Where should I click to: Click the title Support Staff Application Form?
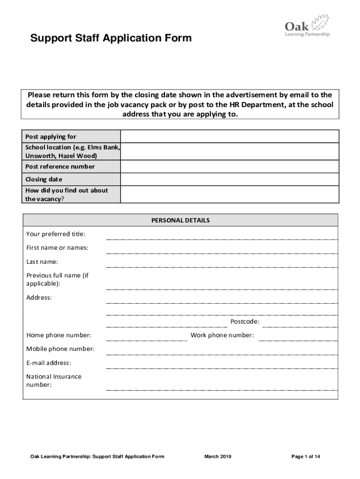111,38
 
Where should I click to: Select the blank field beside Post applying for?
230,137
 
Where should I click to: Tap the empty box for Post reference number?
230,167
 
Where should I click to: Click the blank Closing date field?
230,180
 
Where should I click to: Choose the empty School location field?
230,152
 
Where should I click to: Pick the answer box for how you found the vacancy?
230,195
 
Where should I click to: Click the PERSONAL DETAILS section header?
180,220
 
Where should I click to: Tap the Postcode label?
245,322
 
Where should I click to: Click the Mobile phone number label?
60,349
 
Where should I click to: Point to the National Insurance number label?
54,381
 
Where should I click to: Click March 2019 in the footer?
217,457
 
